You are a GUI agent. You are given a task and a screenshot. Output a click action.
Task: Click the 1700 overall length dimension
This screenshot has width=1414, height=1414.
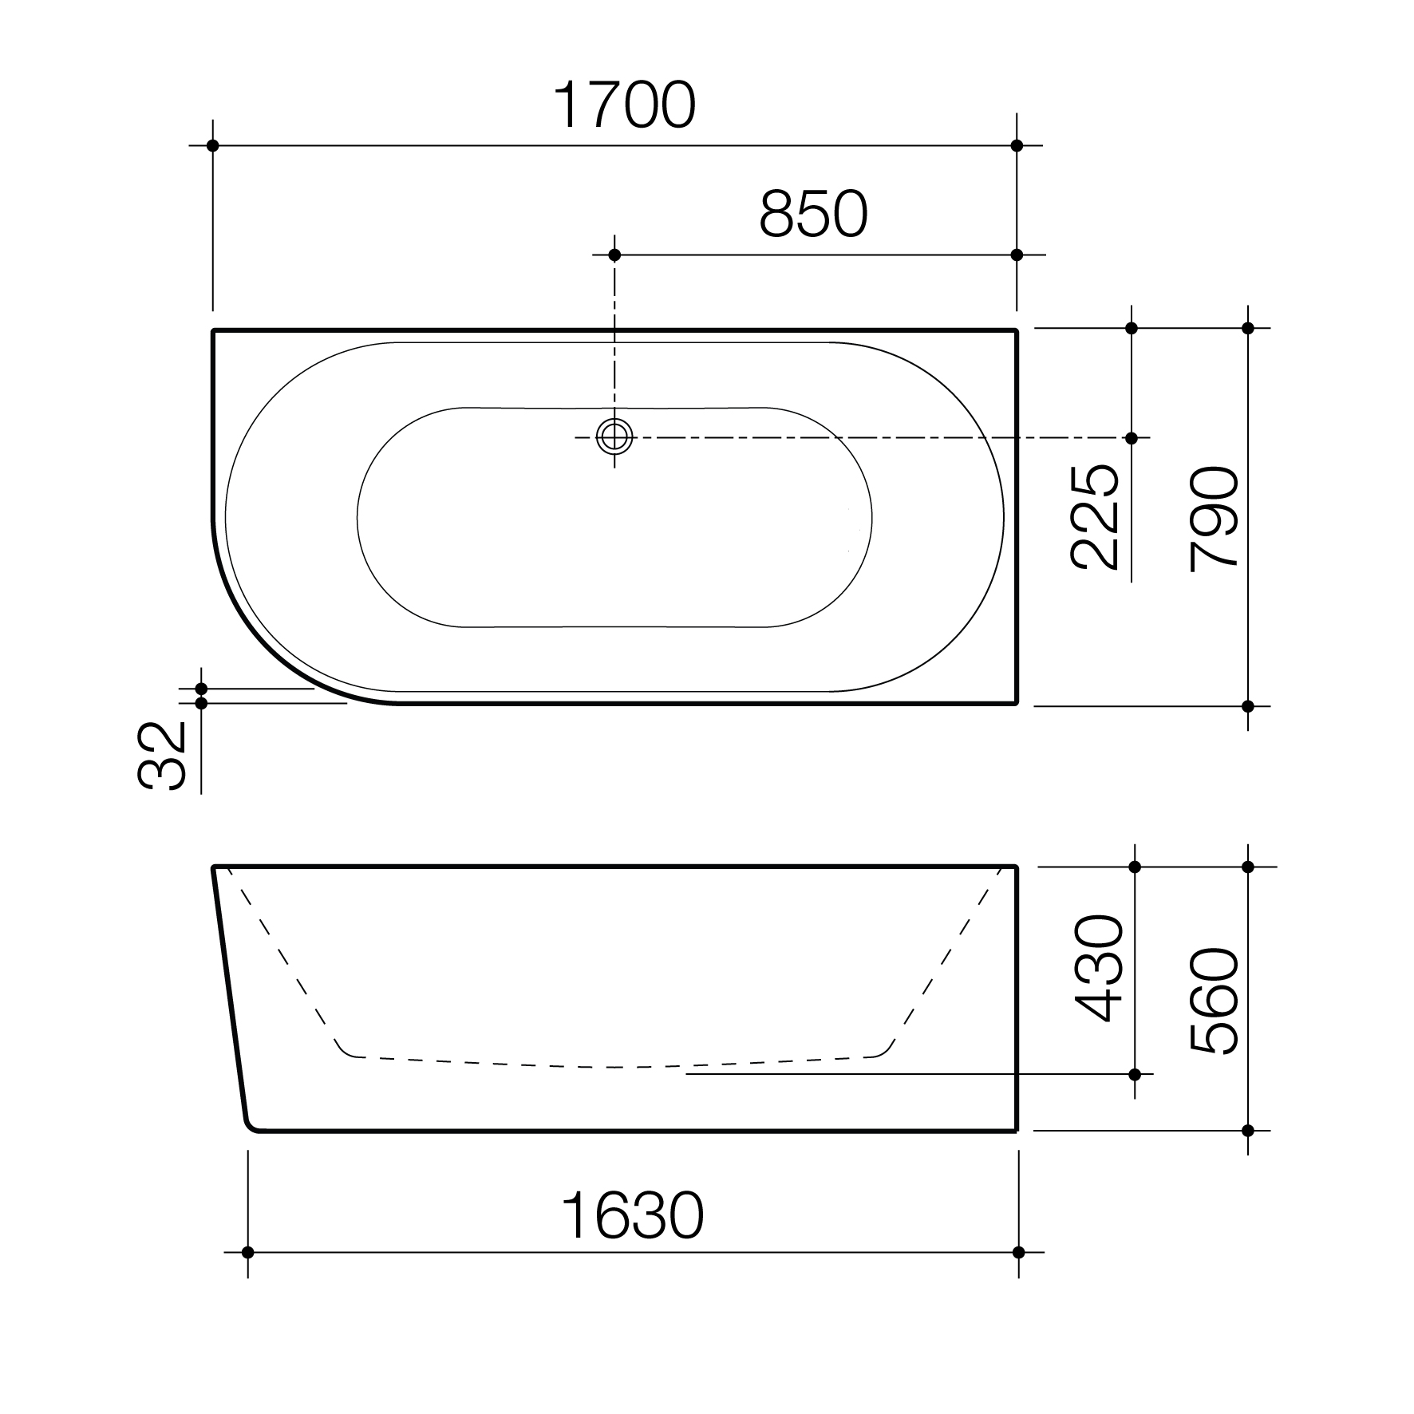pyautogui.click(x=624, y=105)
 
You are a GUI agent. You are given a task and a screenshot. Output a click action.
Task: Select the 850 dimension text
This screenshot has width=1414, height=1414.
pyautogui.click(x=813, y=214)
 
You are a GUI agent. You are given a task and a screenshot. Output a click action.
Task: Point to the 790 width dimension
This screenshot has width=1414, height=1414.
pyautogui.click(x=1213, y=519)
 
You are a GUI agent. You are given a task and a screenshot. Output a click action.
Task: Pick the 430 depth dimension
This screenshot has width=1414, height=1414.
pyautogui.click(x=1099, y=967)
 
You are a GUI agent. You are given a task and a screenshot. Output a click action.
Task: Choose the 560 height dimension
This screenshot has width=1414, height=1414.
pyautogui.click(x=1213, y=1001)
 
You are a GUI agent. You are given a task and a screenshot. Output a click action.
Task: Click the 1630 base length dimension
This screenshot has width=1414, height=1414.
pyautogui.click(x=632, y=1215)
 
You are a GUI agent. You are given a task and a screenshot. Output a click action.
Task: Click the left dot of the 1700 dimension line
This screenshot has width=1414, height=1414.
pyautogui.click(x=212, y=145)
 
